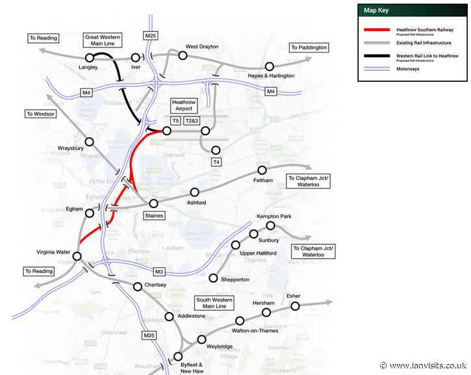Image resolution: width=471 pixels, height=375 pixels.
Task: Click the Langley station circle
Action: pos(90,58)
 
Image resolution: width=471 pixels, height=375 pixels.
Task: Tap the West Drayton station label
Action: pos(202,47)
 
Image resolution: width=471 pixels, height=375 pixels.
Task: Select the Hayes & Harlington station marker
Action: pos(270,66)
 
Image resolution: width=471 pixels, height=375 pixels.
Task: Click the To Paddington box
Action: pos(309,47)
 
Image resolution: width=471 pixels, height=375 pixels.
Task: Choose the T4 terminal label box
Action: pos(217,161)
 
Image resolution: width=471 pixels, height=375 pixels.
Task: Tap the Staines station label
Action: pos(154,215)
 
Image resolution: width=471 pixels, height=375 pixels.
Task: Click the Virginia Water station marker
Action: pos(77,256)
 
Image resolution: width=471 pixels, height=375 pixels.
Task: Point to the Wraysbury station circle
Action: pos(90,142)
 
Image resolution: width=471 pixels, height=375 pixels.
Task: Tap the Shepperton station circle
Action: pos(214,278)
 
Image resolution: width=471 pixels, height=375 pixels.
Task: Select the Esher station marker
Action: pos(295,305)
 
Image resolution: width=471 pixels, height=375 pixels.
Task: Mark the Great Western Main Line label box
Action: pos(104,40)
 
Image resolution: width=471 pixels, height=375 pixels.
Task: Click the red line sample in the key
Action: pos(376,30)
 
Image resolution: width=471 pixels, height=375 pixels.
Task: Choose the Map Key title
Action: pos(378,10)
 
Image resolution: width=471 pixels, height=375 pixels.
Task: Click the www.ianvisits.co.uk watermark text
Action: pos(427,365)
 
